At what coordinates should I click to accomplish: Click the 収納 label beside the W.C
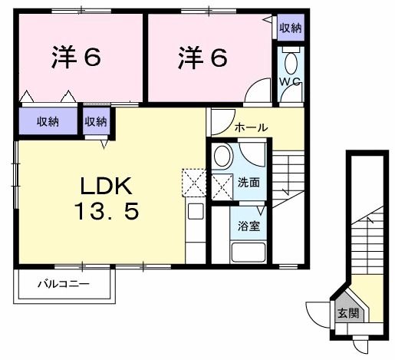[x=290, y=28]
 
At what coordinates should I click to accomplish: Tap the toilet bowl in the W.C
[x=291, y=61]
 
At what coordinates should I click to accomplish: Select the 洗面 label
[x=249, y=183]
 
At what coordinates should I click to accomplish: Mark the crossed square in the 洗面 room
[x=222, y=185]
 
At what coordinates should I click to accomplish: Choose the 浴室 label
[x=247, y=227]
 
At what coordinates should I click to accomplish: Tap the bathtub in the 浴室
[x=248, y=252]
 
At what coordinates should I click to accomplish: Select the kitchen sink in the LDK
[x=195, y=211]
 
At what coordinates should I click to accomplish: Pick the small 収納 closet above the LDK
[x=97, y=121]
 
